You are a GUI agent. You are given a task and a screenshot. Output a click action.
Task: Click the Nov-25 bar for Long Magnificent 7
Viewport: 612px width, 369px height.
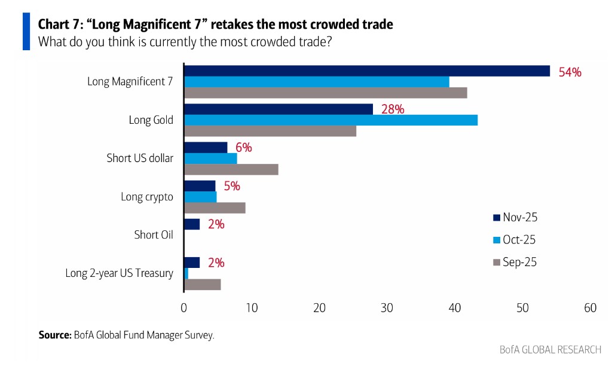[366, 71]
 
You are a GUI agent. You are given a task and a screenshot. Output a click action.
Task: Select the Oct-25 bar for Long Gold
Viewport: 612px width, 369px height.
[331, 120]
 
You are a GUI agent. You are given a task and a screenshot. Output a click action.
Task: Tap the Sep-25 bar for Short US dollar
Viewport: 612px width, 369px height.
[231, 169]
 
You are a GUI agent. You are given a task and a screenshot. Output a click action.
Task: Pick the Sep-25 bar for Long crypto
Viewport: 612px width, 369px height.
[214, 208]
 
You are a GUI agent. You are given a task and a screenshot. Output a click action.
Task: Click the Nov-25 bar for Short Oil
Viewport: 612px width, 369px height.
[191, 224]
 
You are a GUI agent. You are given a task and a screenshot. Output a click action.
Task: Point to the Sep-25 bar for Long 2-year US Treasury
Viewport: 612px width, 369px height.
[202, 285]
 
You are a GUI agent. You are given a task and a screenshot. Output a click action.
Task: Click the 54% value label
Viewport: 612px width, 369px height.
[570, 72]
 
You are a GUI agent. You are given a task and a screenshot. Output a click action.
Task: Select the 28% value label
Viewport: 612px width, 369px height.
[393, 109]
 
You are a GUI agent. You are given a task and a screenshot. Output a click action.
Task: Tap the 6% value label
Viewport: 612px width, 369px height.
[244, 148]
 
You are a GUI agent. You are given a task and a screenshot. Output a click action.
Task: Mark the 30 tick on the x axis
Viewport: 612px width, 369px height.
[387, 308]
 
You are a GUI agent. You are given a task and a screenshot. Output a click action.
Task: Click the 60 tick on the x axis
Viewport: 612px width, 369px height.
[590, 308]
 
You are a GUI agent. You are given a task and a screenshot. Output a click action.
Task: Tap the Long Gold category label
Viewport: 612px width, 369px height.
[151, 120]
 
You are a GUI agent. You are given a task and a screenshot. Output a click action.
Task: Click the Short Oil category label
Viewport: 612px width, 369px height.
[154, 235]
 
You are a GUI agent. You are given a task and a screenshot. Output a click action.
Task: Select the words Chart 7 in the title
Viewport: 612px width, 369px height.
[59, 25]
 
